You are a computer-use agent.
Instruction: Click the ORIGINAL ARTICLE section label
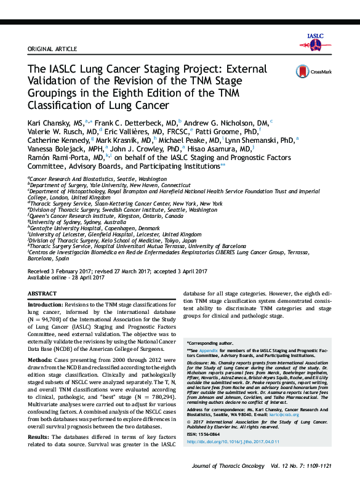(x=52, y=49)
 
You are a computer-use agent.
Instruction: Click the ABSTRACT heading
(x=42, y=294)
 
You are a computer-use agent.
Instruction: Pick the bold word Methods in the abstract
(x=41, y=358)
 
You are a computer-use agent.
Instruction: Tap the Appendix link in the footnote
(x=208, y=350)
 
